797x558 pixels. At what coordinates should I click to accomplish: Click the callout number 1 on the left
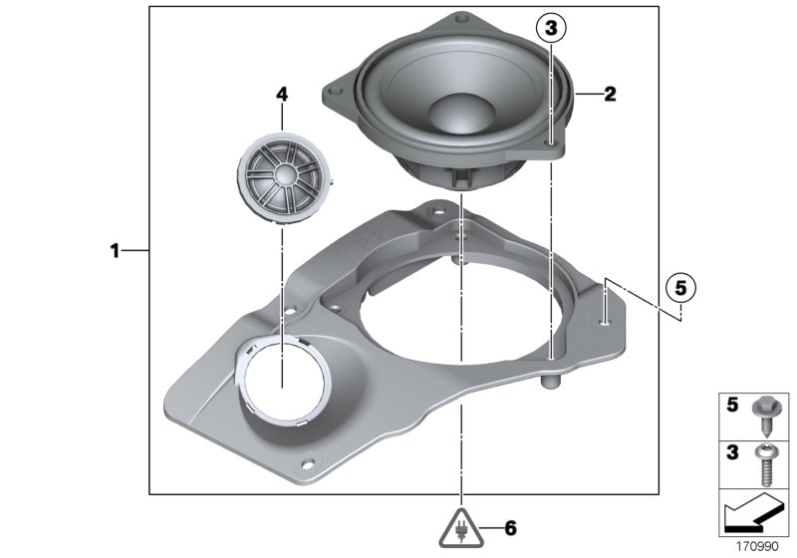[115, 251]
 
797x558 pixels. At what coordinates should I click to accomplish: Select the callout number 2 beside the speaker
[610, 96]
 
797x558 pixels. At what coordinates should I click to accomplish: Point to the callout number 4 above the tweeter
[281, 95]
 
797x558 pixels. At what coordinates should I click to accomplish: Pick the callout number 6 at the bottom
[511, 527]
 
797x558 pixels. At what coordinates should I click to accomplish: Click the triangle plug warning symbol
[462, 527]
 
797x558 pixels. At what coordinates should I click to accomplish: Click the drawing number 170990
[760, 545]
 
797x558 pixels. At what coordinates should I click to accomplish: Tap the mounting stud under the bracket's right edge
[549, 381]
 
